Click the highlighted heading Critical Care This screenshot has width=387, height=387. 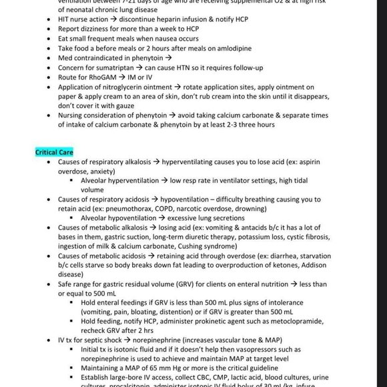tap(55, 152)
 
